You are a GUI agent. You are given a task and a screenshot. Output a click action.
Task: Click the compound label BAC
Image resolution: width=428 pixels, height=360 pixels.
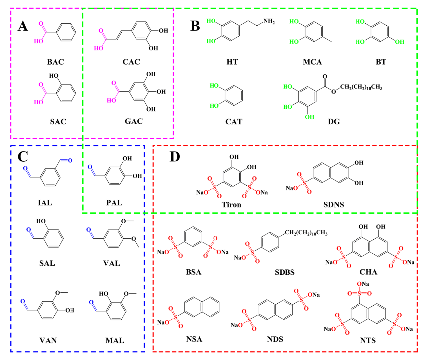pos(56,62)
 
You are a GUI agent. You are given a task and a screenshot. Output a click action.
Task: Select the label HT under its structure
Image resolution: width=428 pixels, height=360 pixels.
pos(232,62)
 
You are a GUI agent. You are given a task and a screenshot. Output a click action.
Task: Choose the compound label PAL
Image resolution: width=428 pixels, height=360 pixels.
pos(114,203)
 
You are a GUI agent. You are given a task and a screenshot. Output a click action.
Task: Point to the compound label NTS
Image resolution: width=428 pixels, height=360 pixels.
pos(368,340)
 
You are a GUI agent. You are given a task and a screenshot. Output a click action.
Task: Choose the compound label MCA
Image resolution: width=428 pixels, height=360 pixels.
pos(313,62)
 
